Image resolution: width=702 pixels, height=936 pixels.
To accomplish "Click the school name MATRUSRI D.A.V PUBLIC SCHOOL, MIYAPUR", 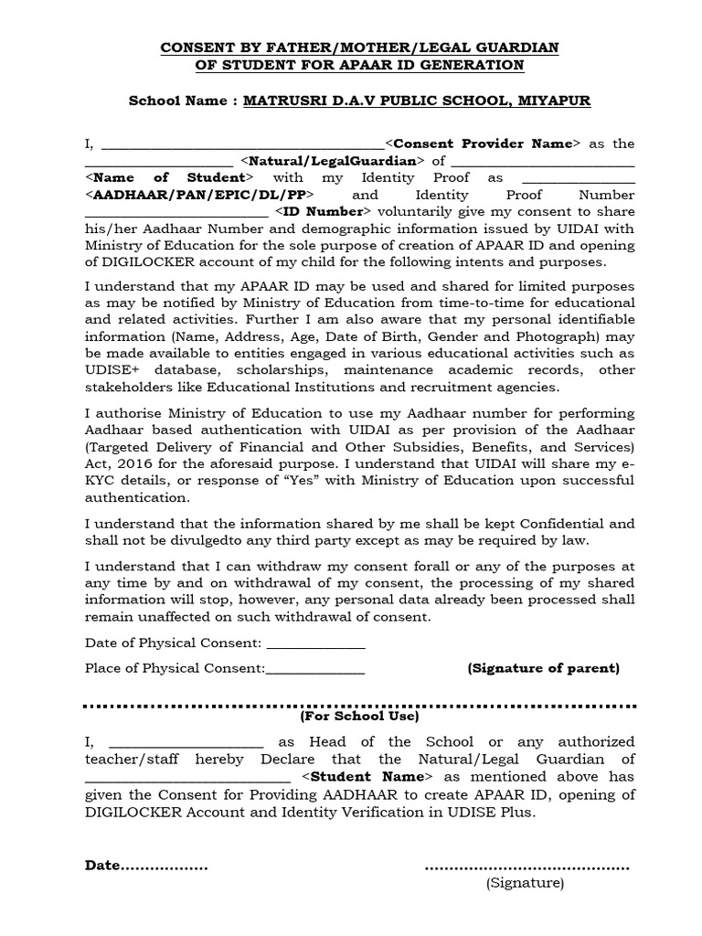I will pos(416,101).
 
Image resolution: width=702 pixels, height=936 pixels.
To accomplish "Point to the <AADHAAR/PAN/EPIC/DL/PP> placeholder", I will pos(200,195).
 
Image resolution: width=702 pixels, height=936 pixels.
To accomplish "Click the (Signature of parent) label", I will pos(543,668).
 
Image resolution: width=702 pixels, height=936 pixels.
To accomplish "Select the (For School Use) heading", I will pos(351,717).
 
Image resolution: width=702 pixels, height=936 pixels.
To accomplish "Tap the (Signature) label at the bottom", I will pos(525,883).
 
